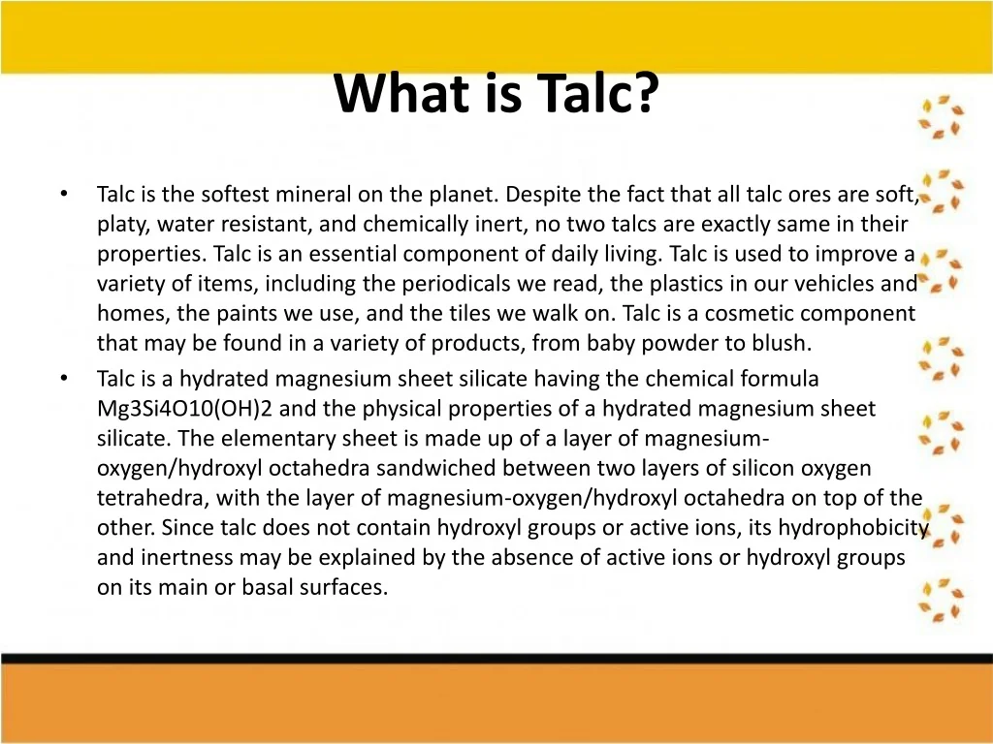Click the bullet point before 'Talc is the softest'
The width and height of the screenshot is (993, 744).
[63, 193]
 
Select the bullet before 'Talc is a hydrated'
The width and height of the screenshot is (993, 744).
[63, 378]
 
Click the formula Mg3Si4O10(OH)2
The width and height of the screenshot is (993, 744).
[184, 409]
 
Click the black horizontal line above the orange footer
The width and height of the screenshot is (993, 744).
[496, 659]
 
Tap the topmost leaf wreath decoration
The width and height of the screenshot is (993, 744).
[942, 116]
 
